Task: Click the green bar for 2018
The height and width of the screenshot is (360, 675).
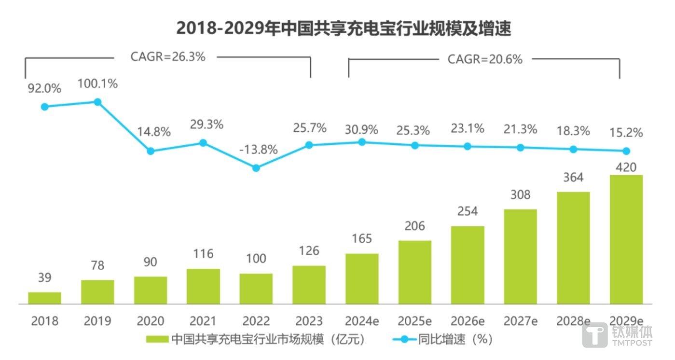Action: point(44,298)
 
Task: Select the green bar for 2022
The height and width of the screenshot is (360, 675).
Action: point(256,289)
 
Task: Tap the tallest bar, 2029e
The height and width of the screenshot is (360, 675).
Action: point(626,239)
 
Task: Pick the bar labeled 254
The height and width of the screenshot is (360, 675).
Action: point(468,265)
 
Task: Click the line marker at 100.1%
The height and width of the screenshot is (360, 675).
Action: point(97,102)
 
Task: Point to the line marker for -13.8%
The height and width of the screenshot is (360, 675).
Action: point(256,168)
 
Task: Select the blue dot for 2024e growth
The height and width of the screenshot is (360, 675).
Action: point(362,142)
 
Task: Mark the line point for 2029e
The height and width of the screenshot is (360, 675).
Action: point(626,151)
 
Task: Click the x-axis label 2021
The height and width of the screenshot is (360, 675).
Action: point(203,321)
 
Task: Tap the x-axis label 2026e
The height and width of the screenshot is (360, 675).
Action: point(468,321)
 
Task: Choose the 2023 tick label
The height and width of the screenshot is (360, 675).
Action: point(309,321)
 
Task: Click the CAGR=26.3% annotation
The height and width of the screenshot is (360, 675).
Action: point(168,56)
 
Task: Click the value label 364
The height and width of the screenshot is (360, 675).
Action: point(573,178)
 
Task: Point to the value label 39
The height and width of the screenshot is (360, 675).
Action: point(44,278)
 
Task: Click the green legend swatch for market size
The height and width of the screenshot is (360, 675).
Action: point(157,339)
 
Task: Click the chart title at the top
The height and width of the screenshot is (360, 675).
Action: point(343,28)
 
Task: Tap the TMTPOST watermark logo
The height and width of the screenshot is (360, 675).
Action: point(617,334)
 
